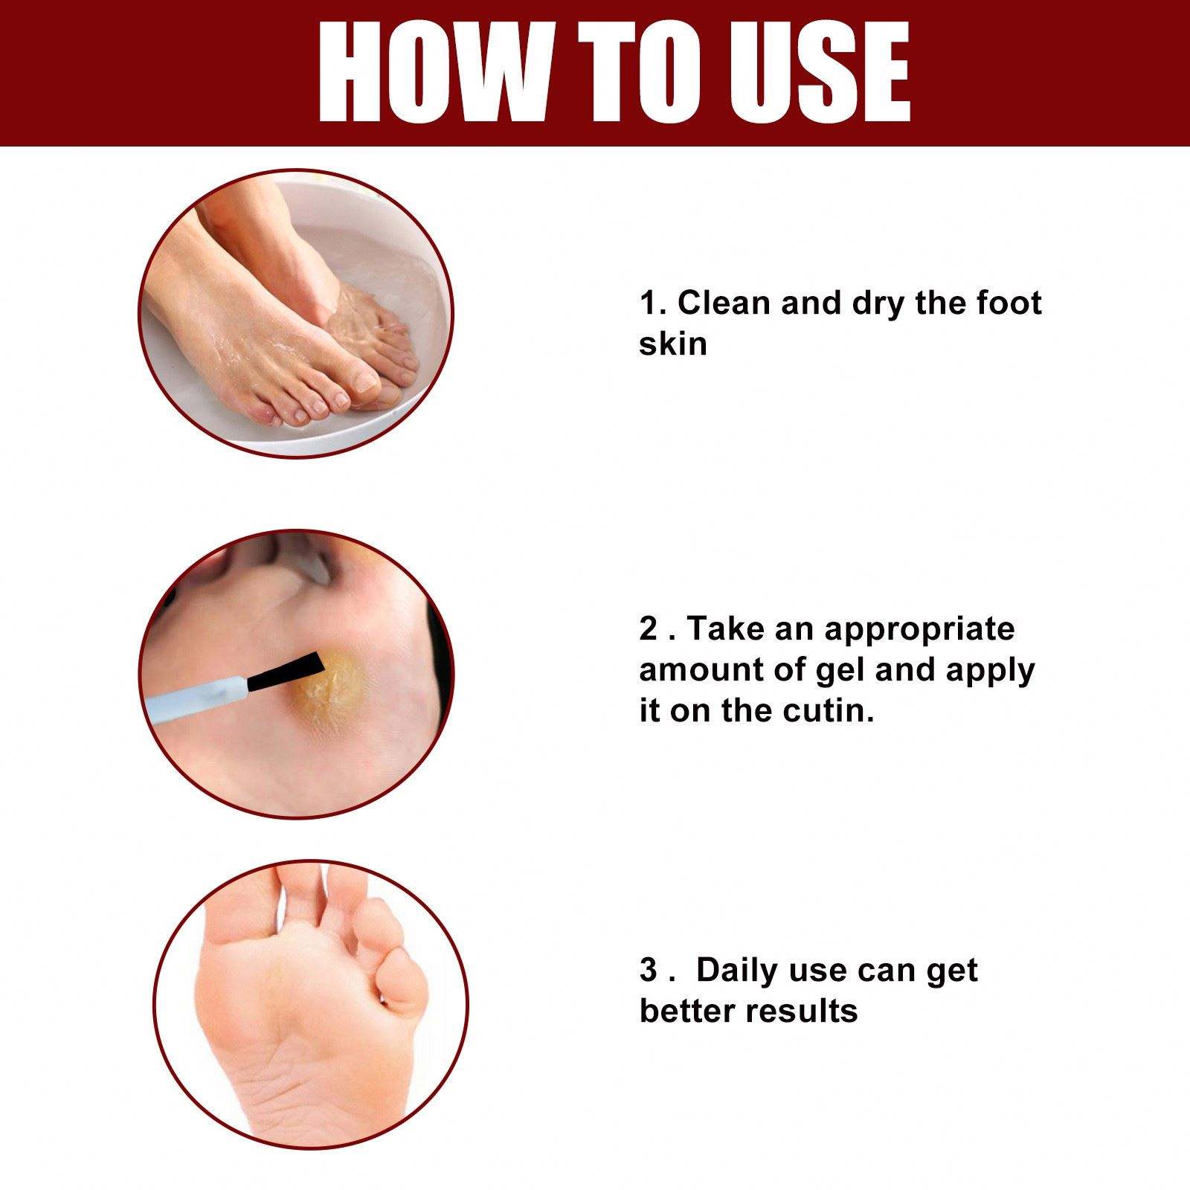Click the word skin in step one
(672, 344)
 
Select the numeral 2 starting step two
(649, 629)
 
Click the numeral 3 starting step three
(649, 971)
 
